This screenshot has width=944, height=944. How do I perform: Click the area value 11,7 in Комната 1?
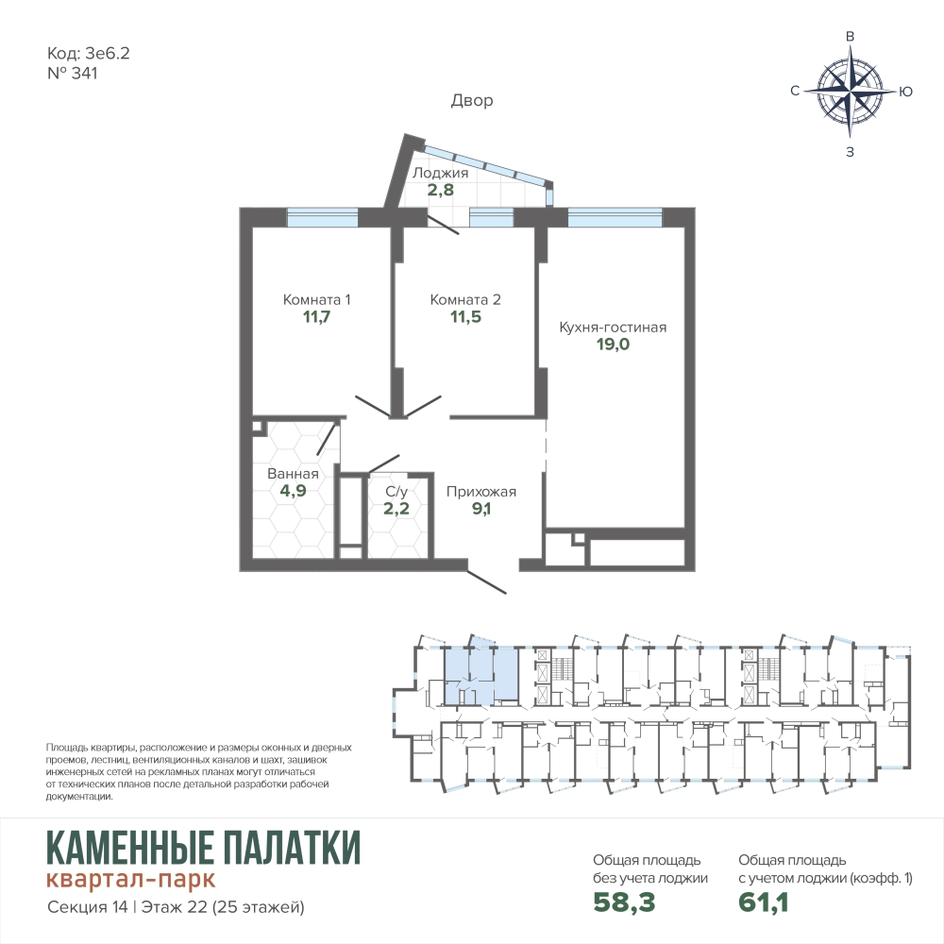[316, 316]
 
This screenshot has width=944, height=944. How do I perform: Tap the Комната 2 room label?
[465, 299]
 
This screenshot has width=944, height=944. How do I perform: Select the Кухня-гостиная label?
[613, 327]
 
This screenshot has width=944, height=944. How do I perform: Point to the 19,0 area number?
[613, 345]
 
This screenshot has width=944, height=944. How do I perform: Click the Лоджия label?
[440, 174]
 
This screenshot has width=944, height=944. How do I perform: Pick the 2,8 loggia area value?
[441, 191]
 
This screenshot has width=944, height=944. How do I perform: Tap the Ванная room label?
[293, 474]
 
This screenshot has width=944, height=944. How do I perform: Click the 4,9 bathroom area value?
[294, 491]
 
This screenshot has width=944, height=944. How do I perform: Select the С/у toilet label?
[396, 491]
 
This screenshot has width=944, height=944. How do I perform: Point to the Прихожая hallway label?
[481, 492]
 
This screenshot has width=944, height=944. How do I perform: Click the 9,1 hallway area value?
[481, 509]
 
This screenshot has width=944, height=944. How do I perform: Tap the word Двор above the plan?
[472, 101]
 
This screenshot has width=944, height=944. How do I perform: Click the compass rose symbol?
[851, 91]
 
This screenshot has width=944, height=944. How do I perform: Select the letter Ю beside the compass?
[905, 92]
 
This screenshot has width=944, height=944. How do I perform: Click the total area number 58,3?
[624, 902]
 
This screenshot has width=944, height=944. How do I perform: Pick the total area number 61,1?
[764, 902]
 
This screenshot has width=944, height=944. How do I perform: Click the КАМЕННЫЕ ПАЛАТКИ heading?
[204, 847]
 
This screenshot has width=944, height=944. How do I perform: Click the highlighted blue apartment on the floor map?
[480, 671]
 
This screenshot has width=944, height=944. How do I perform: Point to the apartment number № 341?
[73, 74]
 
